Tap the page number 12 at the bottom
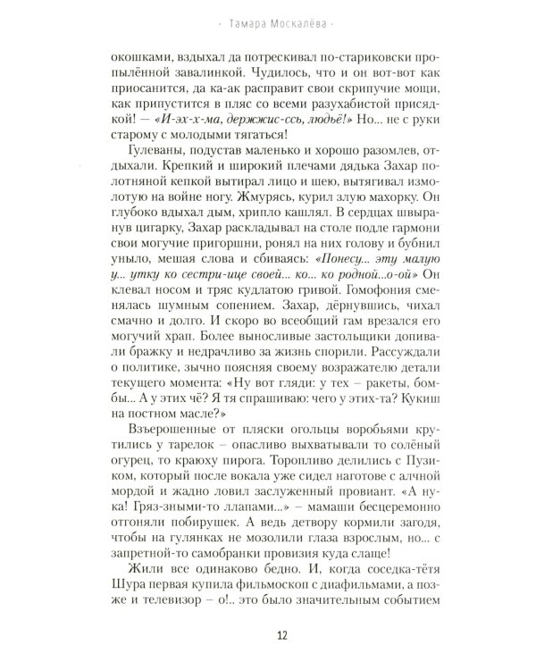point(267,637)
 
